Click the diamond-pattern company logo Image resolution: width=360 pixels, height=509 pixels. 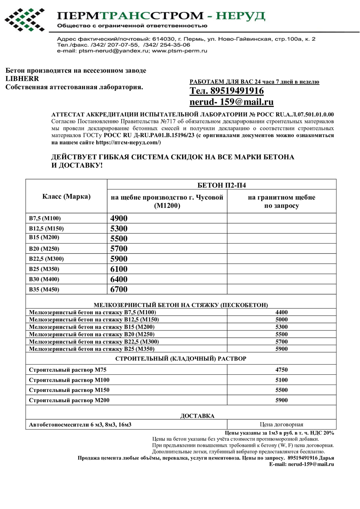click(x=24, y=20)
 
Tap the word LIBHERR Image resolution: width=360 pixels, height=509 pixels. click(x=22, y=79)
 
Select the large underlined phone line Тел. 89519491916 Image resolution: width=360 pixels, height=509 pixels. click(x=226, y=91)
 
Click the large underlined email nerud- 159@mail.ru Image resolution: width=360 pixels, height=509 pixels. click(x=231, y=102)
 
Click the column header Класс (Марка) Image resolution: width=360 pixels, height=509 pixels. click(x=66, y=196)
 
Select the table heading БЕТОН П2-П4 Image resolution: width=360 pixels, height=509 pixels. click(x=221, y=185)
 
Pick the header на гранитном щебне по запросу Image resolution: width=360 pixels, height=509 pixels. click(x=281, y=201)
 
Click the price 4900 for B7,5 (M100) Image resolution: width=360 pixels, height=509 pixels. click(x=119, y=218)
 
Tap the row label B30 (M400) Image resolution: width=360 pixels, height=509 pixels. click(x=44, y=279)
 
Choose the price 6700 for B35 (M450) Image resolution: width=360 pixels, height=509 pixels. click(x=119, y=289)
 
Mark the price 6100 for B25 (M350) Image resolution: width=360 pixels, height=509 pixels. click(x=119, y=269)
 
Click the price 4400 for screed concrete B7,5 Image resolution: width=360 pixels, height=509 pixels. click(x=281, y=312)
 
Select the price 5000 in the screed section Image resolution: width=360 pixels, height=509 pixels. click(x=281, y=320)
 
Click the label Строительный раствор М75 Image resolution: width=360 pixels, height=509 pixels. click(x=67, y=370)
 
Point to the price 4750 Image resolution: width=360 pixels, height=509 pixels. click(x=281, y=370)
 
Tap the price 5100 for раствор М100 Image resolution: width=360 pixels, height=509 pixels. click(x=281, y=380)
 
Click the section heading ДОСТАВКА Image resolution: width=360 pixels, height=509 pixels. click(x=197, y=416)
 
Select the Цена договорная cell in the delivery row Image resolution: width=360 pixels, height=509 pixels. click(x=281, y=425)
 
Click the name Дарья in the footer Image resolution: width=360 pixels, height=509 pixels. click(x=327, y=458)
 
